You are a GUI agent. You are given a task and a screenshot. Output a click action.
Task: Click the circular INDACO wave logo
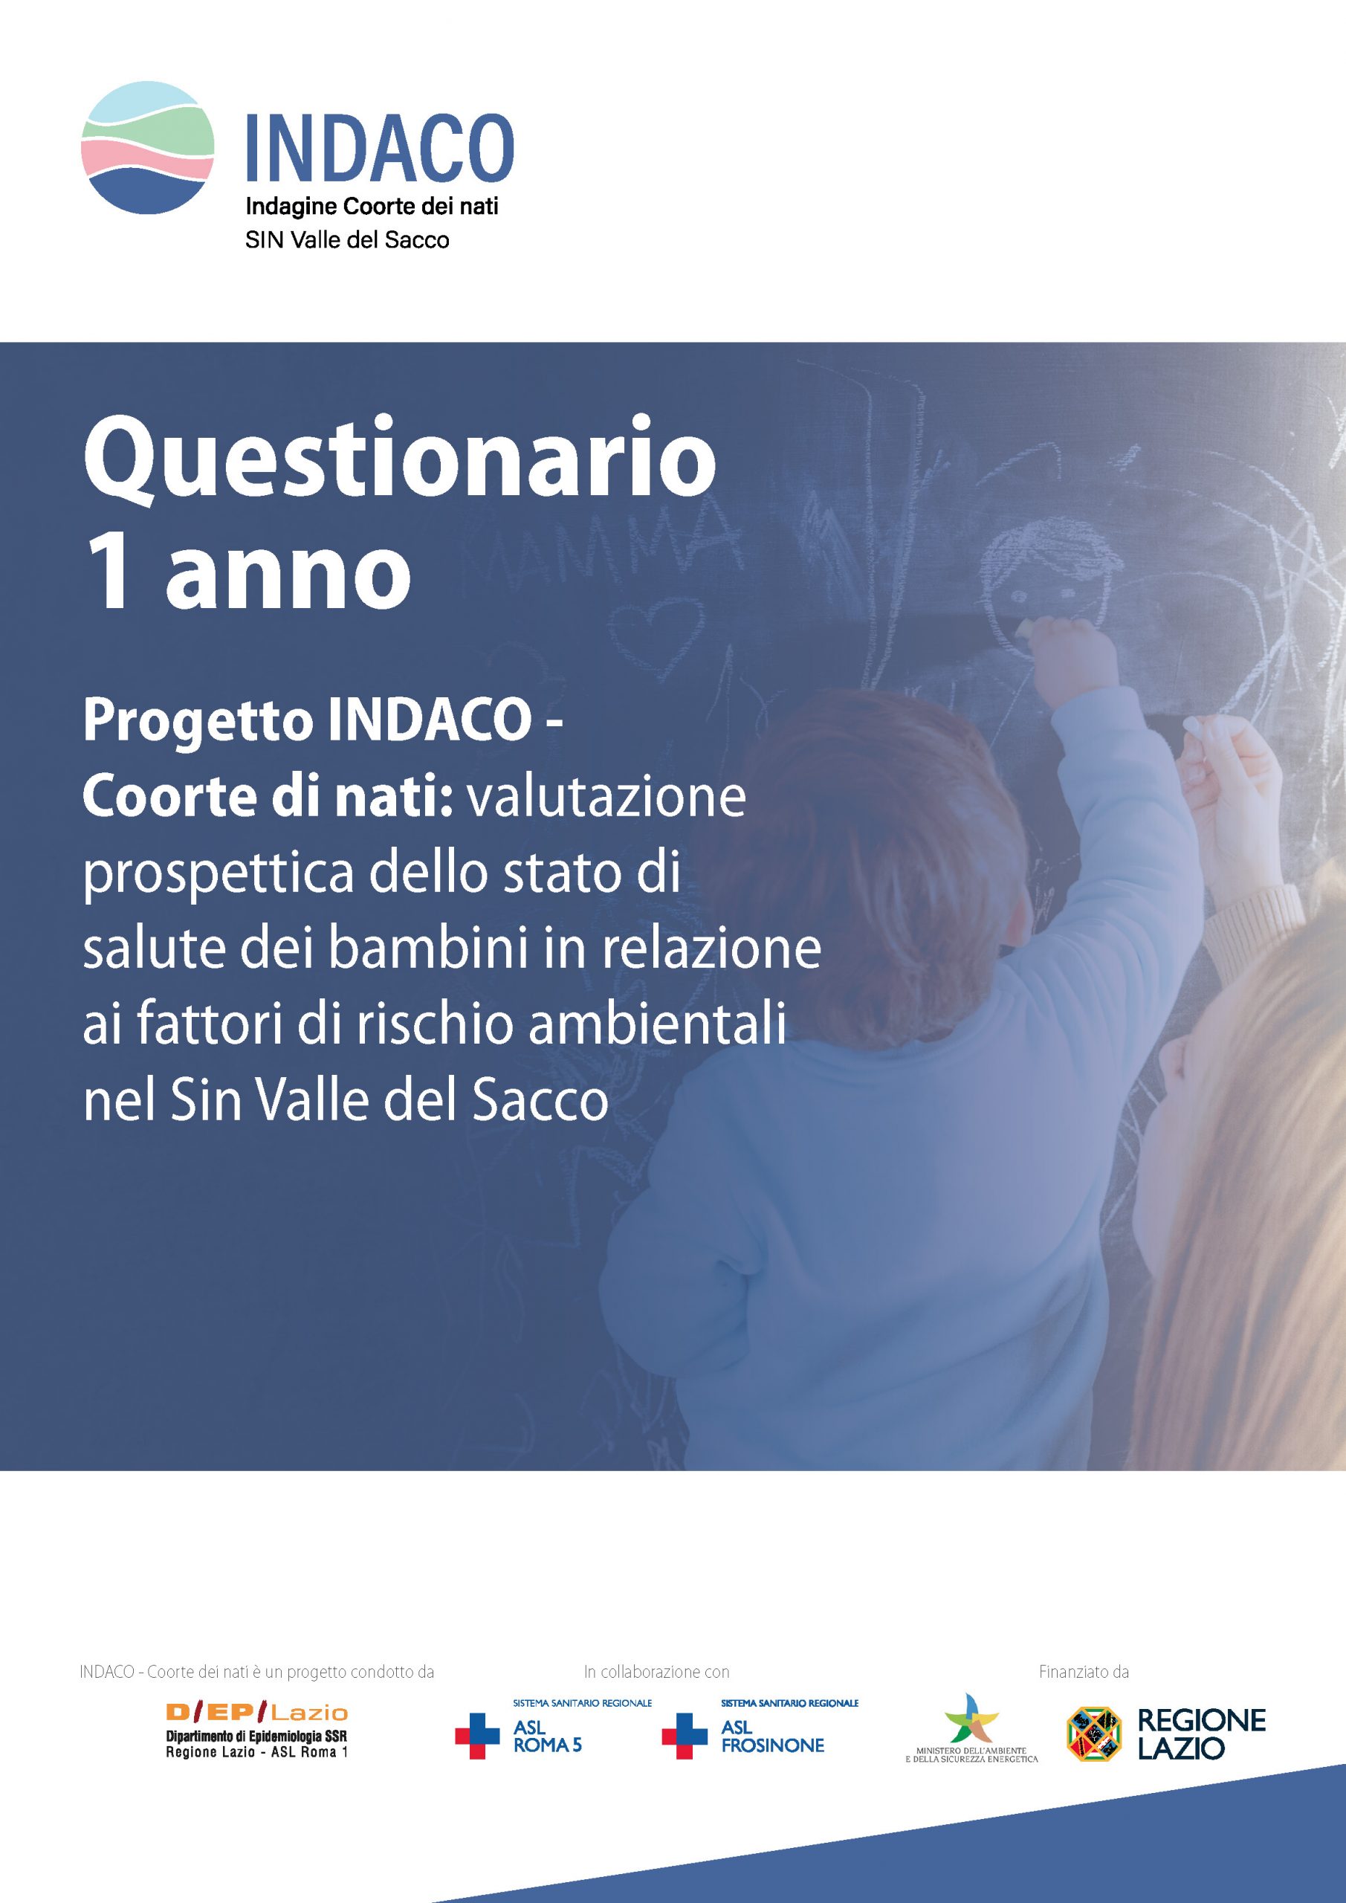147,147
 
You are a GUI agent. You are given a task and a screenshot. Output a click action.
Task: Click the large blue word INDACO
381,147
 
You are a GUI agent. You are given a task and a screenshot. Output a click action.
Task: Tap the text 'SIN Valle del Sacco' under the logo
347,240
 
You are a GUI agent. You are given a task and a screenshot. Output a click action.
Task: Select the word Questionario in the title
400,460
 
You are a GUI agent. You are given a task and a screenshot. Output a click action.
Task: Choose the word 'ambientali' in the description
657,1025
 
